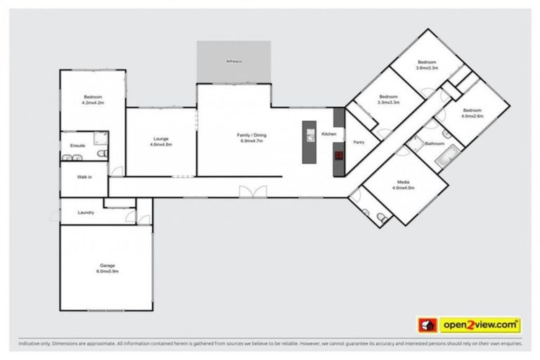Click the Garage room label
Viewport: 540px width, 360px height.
pos(107,265)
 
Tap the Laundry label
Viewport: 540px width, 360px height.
pos(86,212)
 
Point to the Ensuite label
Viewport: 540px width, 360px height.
pos(77,146)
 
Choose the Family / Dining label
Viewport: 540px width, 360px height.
pos(250,134)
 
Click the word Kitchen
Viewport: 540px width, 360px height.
pos(329,134)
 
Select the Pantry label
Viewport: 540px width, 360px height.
pos(359,142)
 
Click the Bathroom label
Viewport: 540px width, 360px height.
pos(435,143)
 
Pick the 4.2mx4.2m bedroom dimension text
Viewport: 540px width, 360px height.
pos(93,103)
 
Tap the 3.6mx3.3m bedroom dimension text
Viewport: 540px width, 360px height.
pos(427,68)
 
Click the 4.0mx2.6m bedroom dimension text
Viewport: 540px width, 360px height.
pos(472,116)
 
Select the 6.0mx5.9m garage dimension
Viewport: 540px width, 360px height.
pos(107,271)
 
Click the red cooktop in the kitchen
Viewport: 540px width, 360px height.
pos(338,156)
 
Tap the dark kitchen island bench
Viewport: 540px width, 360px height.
pos(309,142)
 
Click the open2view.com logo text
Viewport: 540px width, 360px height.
pos(480,325)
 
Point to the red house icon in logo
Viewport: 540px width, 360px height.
pos(426,325)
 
